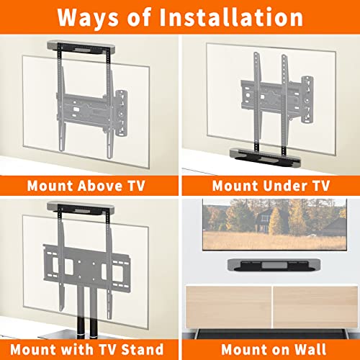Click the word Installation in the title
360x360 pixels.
[231, 17]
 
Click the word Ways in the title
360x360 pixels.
[88, 18]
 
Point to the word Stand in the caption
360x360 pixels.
[143, 349]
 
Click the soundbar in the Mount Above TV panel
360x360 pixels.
[81, 48]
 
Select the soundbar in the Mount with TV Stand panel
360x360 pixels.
[81, 207]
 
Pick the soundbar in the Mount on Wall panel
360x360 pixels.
[274, 265]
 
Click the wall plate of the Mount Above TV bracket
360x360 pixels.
[122, 112]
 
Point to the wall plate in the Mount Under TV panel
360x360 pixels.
[307, 100]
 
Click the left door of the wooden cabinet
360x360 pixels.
[228, 307]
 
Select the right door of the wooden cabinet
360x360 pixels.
[315, 307]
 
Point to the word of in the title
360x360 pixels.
[139, 17]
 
